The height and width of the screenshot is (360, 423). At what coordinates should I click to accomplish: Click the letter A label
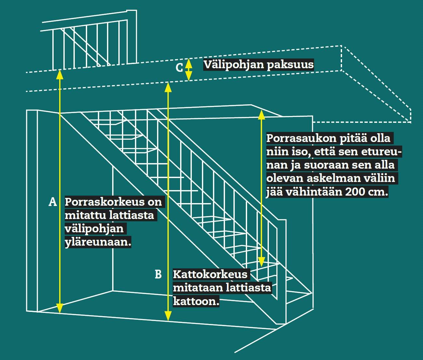tap(53, 202)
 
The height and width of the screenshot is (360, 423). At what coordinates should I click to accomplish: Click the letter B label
tap(158, 274)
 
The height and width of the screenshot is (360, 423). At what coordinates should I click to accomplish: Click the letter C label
tap(179, 68)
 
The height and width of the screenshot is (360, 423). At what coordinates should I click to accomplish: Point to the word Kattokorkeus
tap(210, 274)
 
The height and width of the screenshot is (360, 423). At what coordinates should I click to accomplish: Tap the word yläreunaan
tap(98, 242)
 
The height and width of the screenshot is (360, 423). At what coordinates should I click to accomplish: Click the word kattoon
tap(196, 301)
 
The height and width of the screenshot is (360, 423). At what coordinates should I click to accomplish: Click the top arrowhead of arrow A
tap(59, 74)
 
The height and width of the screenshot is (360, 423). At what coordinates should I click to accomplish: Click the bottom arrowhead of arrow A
tap(59, 308)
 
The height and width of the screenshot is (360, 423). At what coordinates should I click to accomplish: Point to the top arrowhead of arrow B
tap(168, 87)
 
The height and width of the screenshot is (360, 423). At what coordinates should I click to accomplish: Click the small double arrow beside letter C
tap(189, 69)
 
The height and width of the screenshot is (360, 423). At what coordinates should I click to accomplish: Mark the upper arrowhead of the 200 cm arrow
tap(261, 115)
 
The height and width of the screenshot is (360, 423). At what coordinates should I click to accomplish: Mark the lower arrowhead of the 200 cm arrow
tap(261, 262)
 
